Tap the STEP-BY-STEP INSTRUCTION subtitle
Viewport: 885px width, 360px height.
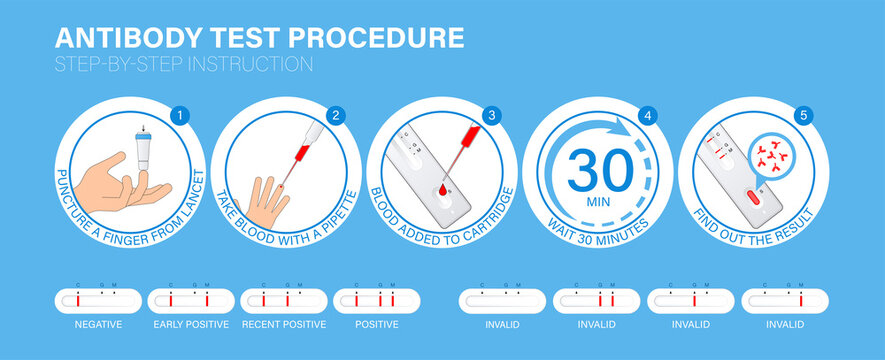pos(184,65)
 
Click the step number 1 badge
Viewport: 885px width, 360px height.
pos(180,115)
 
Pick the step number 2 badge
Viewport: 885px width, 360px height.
pos(336,115)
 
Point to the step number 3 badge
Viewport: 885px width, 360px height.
pos(492,115)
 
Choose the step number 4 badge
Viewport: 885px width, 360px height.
pos(648,115)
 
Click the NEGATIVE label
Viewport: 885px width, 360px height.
pos(98,324)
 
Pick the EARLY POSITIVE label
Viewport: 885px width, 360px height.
pos(191,324)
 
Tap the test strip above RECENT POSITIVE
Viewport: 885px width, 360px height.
pos(284,299)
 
